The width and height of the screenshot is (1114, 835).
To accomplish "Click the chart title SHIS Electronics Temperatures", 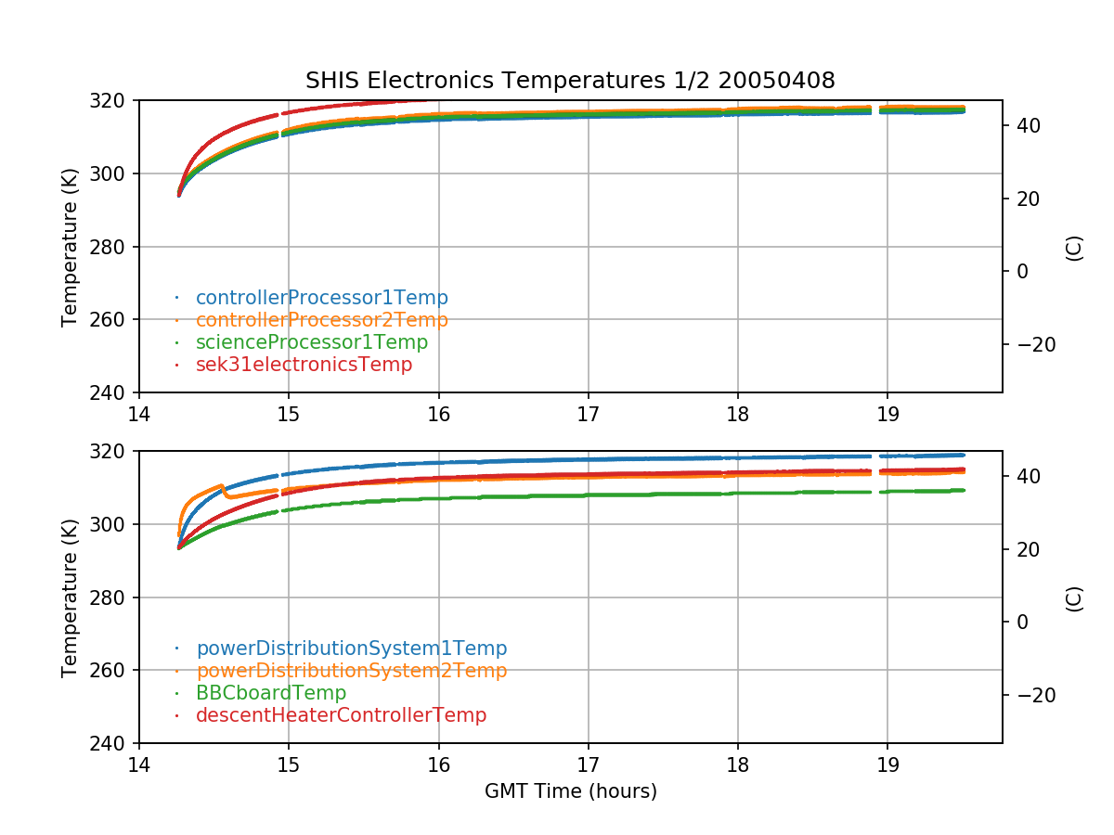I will pos(570,81).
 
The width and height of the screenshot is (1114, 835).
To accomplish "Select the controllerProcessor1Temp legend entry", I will pos(321,298).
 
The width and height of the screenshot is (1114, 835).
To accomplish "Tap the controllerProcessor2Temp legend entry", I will pos(321,320).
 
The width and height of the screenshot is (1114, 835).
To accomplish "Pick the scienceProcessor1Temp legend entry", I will pos(311,342).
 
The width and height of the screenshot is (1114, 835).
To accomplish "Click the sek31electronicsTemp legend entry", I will pos(304,365).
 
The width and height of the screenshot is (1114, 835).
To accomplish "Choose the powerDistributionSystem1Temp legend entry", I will pos(351,649).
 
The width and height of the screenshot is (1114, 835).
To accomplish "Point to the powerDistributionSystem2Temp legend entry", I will pos(351,671).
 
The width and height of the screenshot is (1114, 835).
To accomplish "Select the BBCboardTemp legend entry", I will pos(270,693).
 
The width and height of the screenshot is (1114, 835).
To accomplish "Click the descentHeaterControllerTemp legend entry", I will pos(341,715).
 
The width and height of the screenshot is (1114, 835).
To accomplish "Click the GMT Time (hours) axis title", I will pos(570,791).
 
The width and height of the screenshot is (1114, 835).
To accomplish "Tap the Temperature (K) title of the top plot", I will pos(70,247).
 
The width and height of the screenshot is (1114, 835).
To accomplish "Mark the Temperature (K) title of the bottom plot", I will pos(70,597).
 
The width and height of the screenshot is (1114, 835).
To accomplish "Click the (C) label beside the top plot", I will pos(1074,248).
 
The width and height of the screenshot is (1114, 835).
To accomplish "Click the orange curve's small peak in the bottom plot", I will pos(222,485).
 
